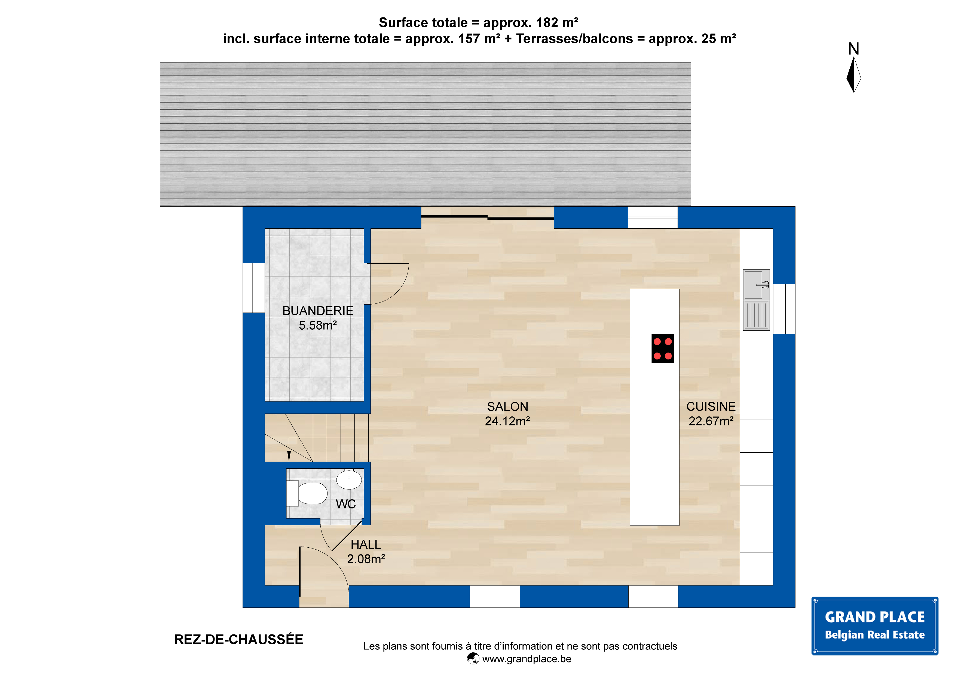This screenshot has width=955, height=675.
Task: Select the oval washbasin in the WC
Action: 349,480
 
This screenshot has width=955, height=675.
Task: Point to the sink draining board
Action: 756,315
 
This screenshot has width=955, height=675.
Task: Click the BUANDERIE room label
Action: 318,311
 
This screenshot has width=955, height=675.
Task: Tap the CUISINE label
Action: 711,406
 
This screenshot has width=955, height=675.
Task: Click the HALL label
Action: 366,544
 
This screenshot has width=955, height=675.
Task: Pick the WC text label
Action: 346,504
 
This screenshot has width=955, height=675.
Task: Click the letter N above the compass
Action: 853,49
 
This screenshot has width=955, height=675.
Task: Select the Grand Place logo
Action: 875,626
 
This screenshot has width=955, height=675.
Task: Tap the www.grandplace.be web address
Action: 527,659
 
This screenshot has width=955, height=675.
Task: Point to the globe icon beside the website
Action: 473,658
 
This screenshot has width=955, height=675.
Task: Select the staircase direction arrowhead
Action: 289,456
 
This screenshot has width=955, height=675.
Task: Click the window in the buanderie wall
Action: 254,288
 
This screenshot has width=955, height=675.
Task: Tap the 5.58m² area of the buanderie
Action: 318,325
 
